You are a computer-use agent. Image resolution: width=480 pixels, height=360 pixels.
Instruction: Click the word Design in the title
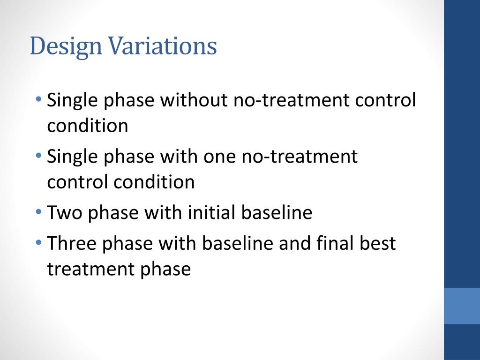[x=66, y=46]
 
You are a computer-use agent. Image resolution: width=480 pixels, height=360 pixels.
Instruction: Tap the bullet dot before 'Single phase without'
[x=38, y=99]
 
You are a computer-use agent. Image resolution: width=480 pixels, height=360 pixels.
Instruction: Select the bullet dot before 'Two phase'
[x=38, y=212]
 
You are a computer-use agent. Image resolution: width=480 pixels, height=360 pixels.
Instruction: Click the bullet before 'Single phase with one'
[x=38, y=156]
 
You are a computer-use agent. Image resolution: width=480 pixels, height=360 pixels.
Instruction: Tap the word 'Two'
[x=65, y=212]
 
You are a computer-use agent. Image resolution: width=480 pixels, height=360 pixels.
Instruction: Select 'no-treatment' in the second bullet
[x=300, y=157]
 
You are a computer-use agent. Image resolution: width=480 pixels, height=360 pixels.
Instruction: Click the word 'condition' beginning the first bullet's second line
[x=88, y=126]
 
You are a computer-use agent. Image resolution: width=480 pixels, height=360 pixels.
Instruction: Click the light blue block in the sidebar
[x=462, y=306]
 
